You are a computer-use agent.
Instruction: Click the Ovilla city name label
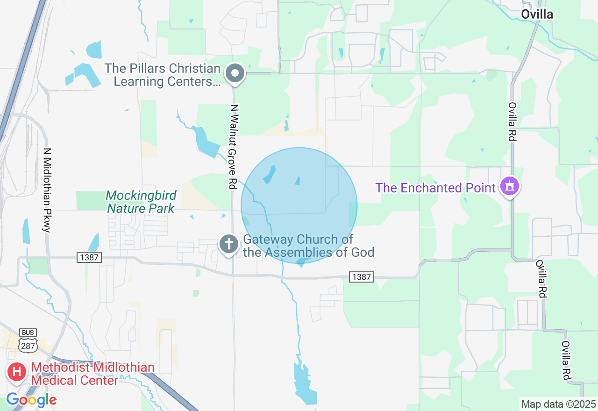tap(537, 14)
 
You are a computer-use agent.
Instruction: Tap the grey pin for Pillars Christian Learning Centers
tap(235, 74)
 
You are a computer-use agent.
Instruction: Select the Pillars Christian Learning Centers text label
tap(162, 75)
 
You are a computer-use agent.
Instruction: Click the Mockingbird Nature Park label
tap(141, 202)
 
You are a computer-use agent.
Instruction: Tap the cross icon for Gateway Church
tap(229, 244)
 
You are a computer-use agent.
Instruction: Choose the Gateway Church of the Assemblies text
tap(308, 246)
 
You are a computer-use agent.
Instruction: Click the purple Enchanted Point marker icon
tap(509, 187)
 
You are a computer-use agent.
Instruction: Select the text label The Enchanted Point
tap(435, 188)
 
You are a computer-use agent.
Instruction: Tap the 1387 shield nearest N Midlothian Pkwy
tap(89, 257)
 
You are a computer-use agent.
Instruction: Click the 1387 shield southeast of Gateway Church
tap(361, 277)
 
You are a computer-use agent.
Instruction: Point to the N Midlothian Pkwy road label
tap(47, 190)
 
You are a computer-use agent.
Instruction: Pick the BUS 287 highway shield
tap(28, 340)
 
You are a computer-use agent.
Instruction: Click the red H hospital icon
tap(17, 372)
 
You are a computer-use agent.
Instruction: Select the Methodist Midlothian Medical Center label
tap(93, 374)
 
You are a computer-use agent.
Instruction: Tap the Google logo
tap(31, 400)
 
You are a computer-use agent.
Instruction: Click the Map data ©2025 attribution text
tap(558, 404)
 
